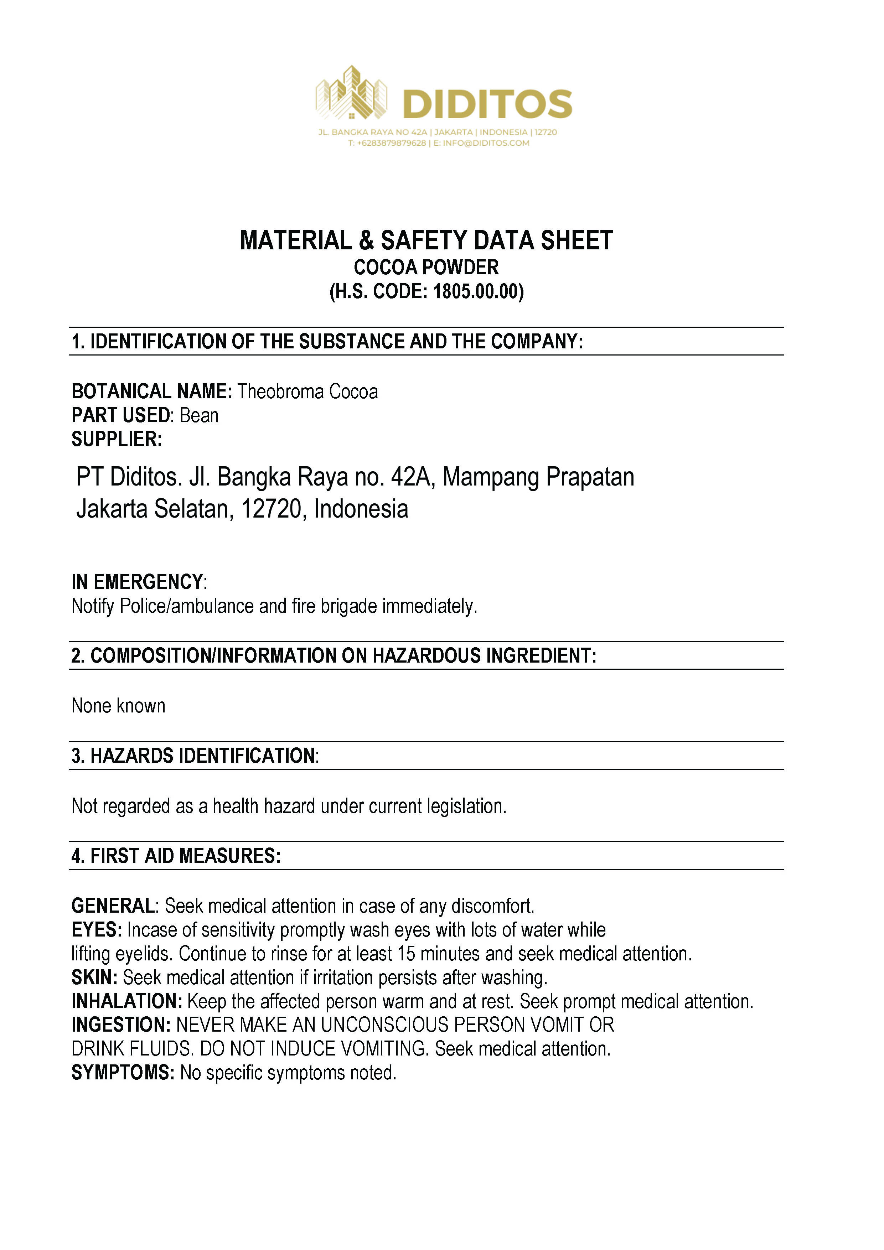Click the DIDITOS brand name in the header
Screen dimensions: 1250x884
click(x=487, y=104)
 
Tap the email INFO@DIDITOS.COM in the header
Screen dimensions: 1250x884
click(x=486, y=143)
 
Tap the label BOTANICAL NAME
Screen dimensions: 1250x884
click(x=152, y=391)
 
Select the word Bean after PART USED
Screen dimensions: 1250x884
click(x=199, y=415)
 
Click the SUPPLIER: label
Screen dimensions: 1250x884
click(x=117, y=439)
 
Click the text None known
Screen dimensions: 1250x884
click(x=118, y=706)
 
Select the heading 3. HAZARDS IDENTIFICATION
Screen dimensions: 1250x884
click(x=194, y=756)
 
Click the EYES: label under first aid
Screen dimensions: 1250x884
click(x=97, y=930)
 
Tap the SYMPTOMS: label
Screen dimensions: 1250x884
click(x=123, y=1073)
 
